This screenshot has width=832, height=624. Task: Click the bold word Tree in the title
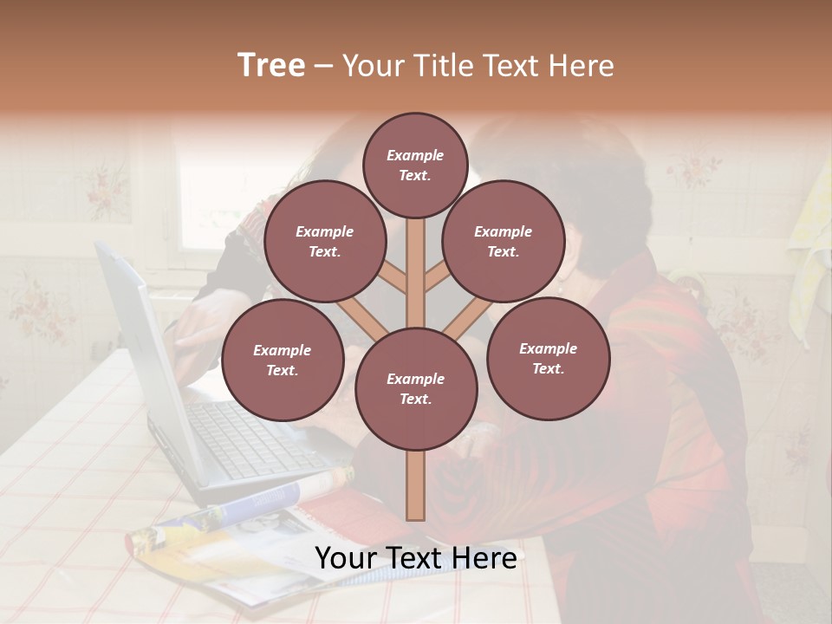[271, 65]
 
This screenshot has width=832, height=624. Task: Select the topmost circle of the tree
[415, 165]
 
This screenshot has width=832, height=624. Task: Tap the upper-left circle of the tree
[324, 242]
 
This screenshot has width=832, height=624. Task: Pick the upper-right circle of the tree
[504, 242]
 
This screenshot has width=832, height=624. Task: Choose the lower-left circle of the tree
[283, 361]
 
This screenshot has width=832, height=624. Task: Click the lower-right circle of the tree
[548, 358]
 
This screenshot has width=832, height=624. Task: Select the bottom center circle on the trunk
[416, 389]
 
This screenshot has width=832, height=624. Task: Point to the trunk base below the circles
[416, 485]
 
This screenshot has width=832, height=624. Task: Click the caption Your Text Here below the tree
[416, 558]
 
